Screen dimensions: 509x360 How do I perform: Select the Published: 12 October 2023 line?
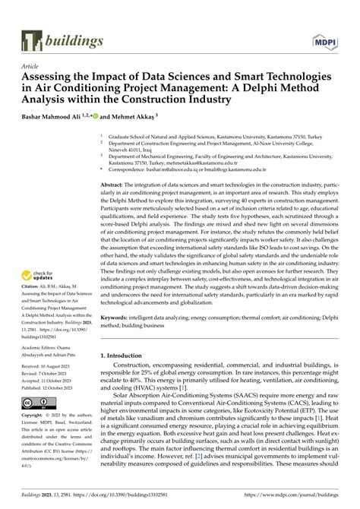[x=50, y=410]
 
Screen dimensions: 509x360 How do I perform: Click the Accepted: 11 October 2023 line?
[x=49, y=403]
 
